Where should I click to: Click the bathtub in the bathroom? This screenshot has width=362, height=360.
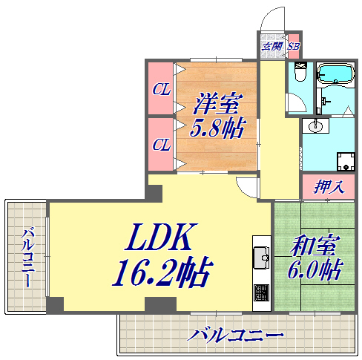[337, 75]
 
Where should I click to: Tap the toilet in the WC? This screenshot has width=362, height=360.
[300, 73]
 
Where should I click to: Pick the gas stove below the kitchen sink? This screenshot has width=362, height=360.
[262, 294]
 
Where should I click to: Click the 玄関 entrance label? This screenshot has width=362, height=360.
[271, 46]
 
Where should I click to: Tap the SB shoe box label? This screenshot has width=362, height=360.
[293, 46]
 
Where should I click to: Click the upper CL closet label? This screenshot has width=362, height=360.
[161, 90]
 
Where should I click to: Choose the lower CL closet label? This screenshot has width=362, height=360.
[161, 145]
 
